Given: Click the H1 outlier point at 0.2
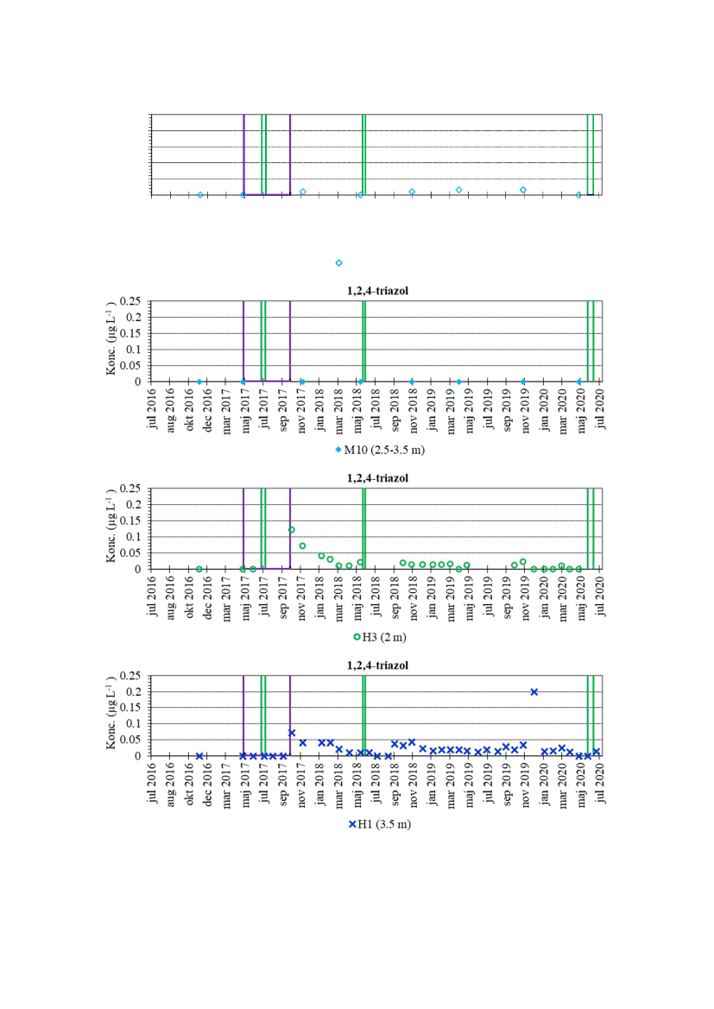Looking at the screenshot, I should (534, 691).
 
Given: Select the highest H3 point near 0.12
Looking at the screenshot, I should (292, 529).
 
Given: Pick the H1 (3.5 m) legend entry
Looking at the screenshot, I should (380, 824).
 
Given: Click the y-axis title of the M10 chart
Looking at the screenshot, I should (112, 340).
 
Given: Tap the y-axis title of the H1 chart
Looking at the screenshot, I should (112, 715).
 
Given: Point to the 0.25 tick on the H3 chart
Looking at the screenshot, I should (135, 489).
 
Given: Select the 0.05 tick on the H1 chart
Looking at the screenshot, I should (135, 740).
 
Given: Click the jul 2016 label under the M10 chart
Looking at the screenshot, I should (153, 407).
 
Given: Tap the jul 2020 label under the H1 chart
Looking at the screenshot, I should (599, 782).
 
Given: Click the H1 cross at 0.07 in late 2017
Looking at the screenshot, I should (292, 733).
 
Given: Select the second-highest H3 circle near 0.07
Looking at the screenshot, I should (302, 545).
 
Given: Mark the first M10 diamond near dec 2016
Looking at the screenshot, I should (199, 382).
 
